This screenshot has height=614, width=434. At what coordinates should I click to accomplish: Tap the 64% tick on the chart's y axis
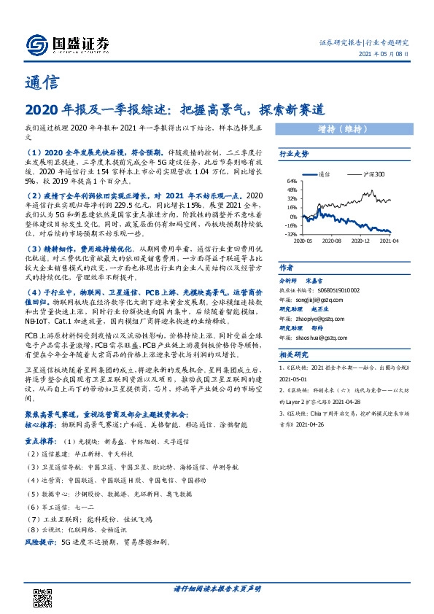(x=291, y=181)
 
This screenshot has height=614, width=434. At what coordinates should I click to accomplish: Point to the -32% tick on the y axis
(x=290, y=234)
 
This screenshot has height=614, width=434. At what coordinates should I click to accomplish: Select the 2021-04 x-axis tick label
(x=390, y=241)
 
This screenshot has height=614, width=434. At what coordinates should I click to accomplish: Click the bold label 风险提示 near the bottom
(x=41, y=543)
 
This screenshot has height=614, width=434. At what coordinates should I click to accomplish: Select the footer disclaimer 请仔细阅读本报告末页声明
(x=217, y=588)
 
